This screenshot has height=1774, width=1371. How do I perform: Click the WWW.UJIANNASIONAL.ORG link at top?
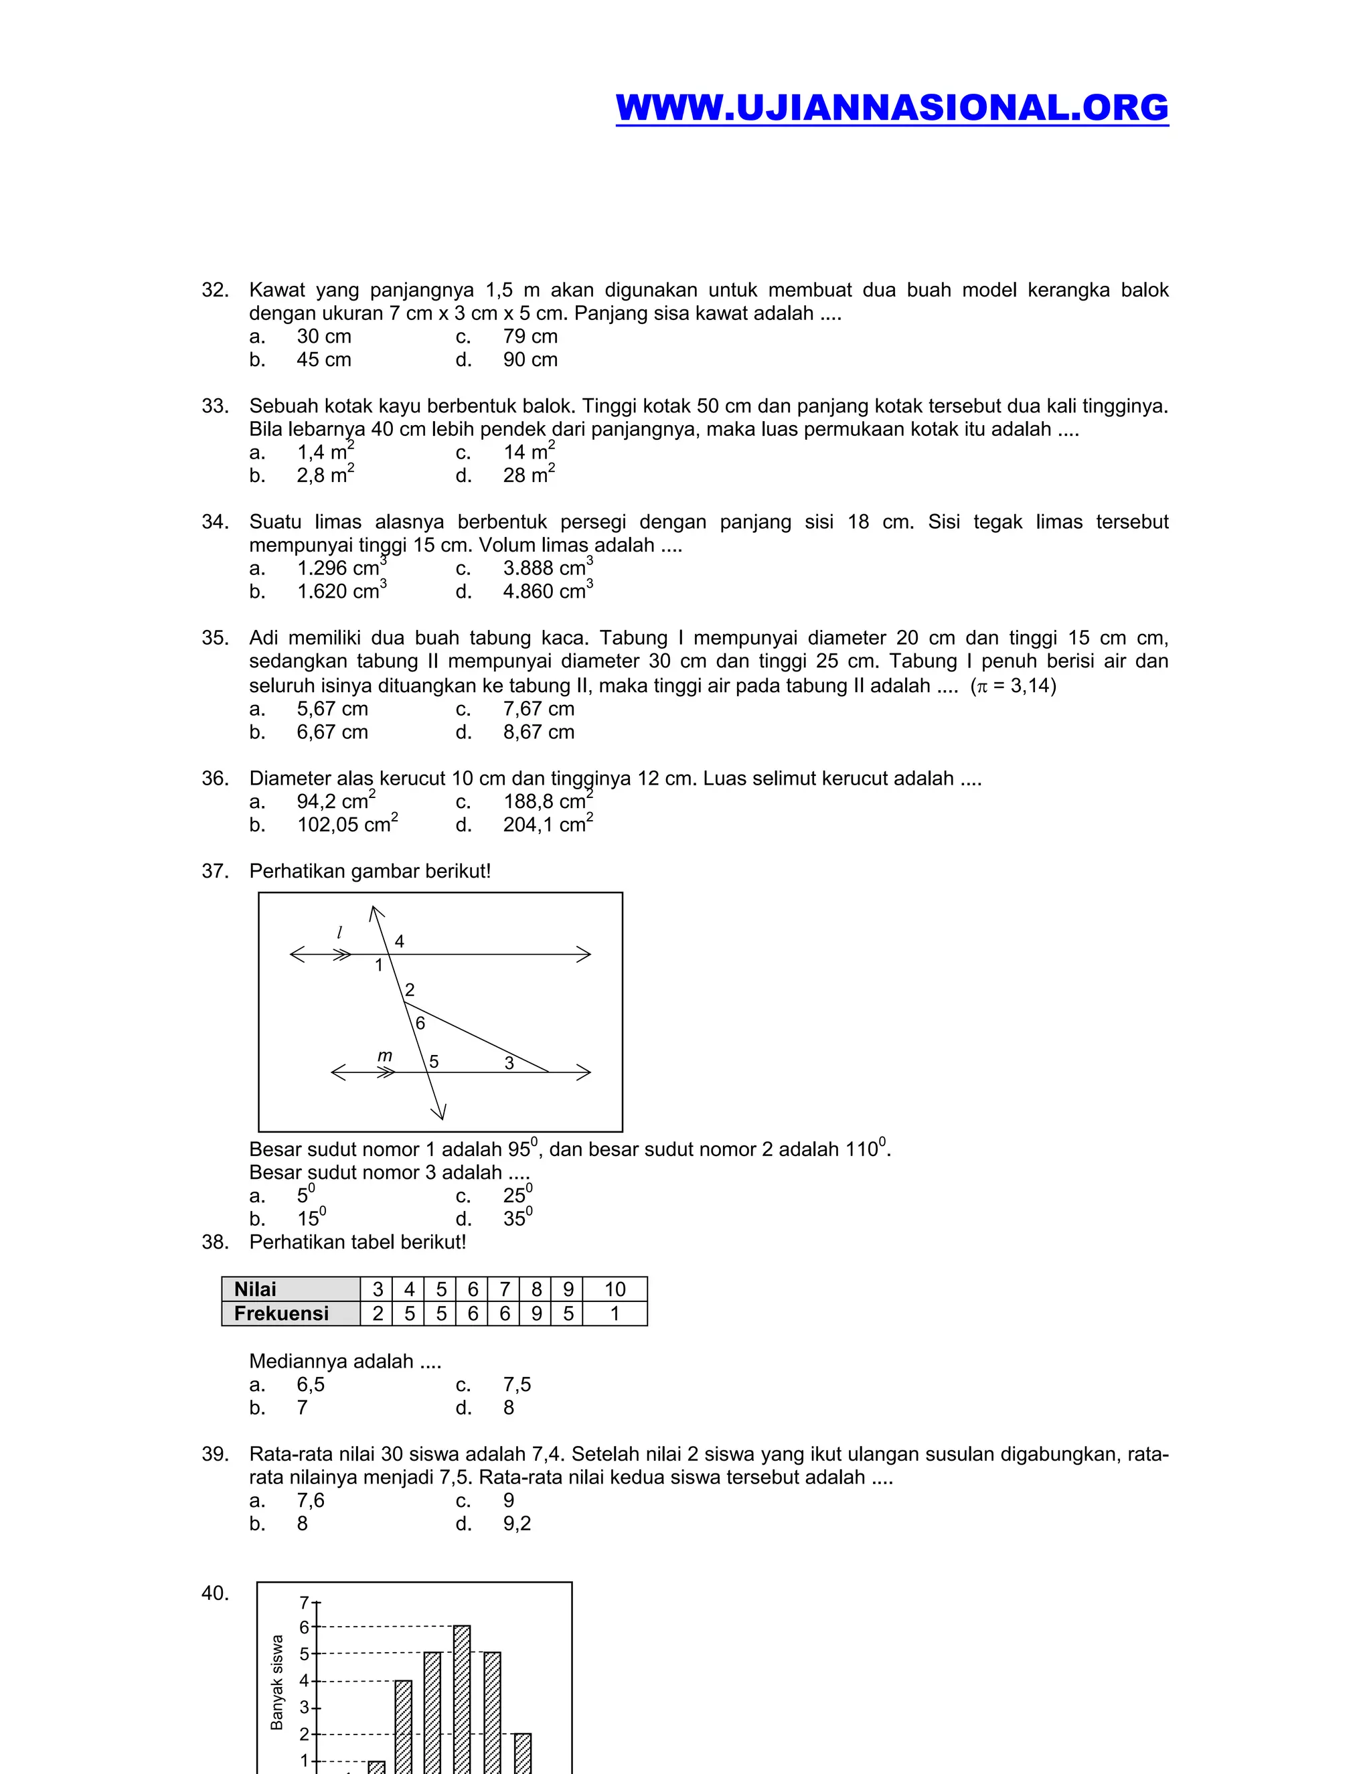(x=891, y=108)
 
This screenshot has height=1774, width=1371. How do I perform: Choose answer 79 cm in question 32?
(x=530, y=336)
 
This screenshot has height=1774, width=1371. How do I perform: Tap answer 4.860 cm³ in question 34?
(x=548, y=590)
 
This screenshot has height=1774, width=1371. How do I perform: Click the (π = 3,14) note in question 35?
(x=1013, y=686)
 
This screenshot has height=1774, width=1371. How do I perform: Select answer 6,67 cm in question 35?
(x=332, y=732)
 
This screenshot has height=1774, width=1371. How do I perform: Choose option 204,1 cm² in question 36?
(x=548, y=825)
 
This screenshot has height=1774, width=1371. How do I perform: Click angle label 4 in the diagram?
(x=399, y=941)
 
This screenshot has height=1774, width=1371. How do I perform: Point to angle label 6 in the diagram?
(x=420, y=1024)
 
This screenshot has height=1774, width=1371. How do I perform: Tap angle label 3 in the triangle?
(x=509, y=1062)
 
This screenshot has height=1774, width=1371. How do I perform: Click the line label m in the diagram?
(x=385, y=1055)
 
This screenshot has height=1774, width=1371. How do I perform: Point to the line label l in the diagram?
(x=339, y=933)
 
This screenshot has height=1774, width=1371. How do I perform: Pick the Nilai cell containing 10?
(x=615, y=1289)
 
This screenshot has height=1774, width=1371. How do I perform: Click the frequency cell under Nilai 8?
(x=536, y=1313)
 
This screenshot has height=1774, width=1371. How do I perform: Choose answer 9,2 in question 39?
(x=517, y=1523)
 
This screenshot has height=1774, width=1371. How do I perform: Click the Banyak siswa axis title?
(x=277, y=1682)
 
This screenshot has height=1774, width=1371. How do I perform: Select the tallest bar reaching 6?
(x=461, y=1698)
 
